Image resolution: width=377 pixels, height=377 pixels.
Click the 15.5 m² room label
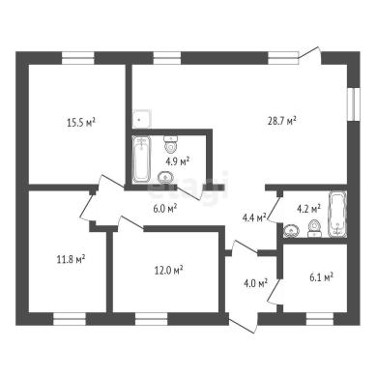click(81, 123)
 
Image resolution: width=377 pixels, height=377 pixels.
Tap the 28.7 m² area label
click(282, 121)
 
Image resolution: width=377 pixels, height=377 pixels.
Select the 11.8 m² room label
click(71, 259)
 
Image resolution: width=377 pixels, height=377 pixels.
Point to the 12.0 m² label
click(169, 270)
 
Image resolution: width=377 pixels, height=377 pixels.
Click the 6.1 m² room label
click(321, 276)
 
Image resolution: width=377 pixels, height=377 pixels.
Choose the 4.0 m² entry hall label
click(256, 283)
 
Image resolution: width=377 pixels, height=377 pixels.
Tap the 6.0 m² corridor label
click(164, 209)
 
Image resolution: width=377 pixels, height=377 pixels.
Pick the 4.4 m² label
click(254, 217)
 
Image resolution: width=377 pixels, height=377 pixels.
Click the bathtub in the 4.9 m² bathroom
click(142, 159)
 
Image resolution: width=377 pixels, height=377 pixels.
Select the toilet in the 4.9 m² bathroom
click(171, 144)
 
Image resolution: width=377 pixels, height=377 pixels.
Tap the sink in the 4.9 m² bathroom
click(165, 177)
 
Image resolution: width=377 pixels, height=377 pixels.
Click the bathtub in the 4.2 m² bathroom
click(337, 214)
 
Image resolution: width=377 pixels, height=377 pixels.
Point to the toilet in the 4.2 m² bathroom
click(314, 228)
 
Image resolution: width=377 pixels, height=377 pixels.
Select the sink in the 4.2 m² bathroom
click(292, 231)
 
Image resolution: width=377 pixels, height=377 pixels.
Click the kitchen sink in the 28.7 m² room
click(142, 119)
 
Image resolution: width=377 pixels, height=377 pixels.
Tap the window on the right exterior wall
click(354, 103)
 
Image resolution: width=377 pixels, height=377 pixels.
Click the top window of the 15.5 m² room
click(78, 58)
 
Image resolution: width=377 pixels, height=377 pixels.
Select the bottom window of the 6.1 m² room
click(319, 318)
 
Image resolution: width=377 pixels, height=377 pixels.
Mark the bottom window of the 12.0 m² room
click(152, 318)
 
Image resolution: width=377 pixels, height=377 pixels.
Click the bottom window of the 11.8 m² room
click(70, 318)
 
